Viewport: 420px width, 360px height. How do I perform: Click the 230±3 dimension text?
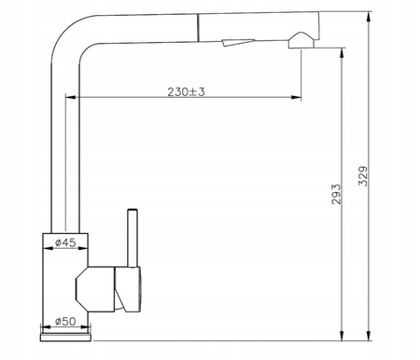[186, 91]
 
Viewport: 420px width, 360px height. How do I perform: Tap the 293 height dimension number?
[336, 194]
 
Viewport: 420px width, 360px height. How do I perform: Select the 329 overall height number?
[363, 176]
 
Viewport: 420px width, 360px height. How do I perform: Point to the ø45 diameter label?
[65, 242]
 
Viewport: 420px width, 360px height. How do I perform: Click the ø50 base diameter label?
[65, 321]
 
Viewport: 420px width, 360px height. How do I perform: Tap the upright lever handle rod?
[133, 238]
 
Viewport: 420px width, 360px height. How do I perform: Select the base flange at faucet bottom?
[65, 338]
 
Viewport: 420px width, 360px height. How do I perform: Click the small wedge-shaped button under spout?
[238, 43]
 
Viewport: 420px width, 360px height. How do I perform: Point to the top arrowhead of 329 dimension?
[369, 17]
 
